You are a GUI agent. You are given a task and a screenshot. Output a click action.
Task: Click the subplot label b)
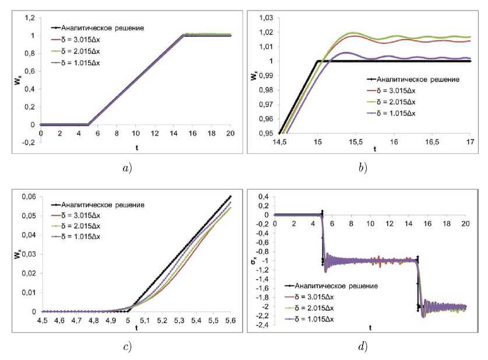[363, 169]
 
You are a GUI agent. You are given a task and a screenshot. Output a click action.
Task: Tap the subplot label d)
[363, 347]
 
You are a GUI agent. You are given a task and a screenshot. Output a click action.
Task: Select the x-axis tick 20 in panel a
[230, 134]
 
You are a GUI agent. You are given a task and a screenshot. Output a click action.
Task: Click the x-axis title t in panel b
[375, 149]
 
